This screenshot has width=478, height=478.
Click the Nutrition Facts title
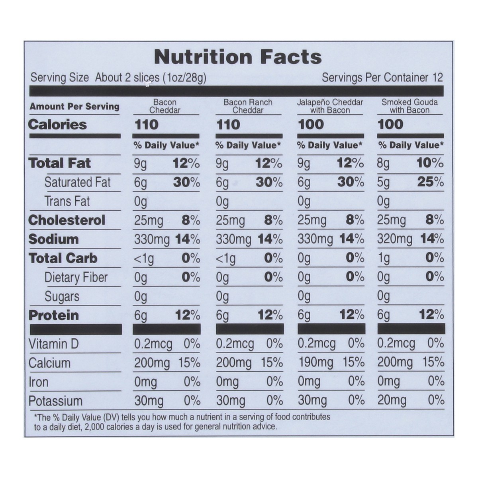coord(238,57)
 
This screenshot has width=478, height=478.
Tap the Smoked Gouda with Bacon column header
coord(409,106)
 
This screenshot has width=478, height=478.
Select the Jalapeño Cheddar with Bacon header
coord(330,106)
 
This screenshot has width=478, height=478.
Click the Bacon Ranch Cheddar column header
coord(248,106)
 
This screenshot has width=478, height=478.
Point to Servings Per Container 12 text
coord(382,77)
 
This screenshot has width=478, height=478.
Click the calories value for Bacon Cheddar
coord(147,125)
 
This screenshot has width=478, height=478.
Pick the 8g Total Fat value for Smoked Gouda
coord(383,163)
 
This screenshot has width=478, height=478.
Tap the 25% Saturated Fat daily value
coord(430,182)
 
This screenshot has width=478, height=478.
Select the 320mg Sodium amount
coord(394,239)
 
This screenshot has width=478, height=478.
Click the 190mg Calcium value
coord(315,362)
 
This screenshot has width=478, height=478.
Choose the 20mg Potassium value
coord(392,400)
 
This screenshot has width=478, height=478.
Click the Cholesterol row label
coord(67,220)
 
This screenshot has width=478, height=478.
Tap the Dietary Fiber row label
coord(76,277)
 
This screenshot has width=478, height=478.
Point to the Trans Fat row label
coord(67,201)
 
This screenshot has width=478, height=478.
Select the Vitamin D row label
coord(54,344)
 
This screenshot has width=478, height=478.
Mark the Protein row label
coord(54,315)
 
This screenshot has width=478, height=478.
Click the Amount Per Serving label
coord(74,106)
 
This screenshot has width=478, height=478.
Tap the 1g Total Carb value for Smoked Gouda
coord(383,258)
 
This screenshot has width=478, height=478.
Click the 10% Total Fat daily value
coord(430,163)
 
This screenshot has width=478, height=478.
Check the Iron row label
coord(39,382)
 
